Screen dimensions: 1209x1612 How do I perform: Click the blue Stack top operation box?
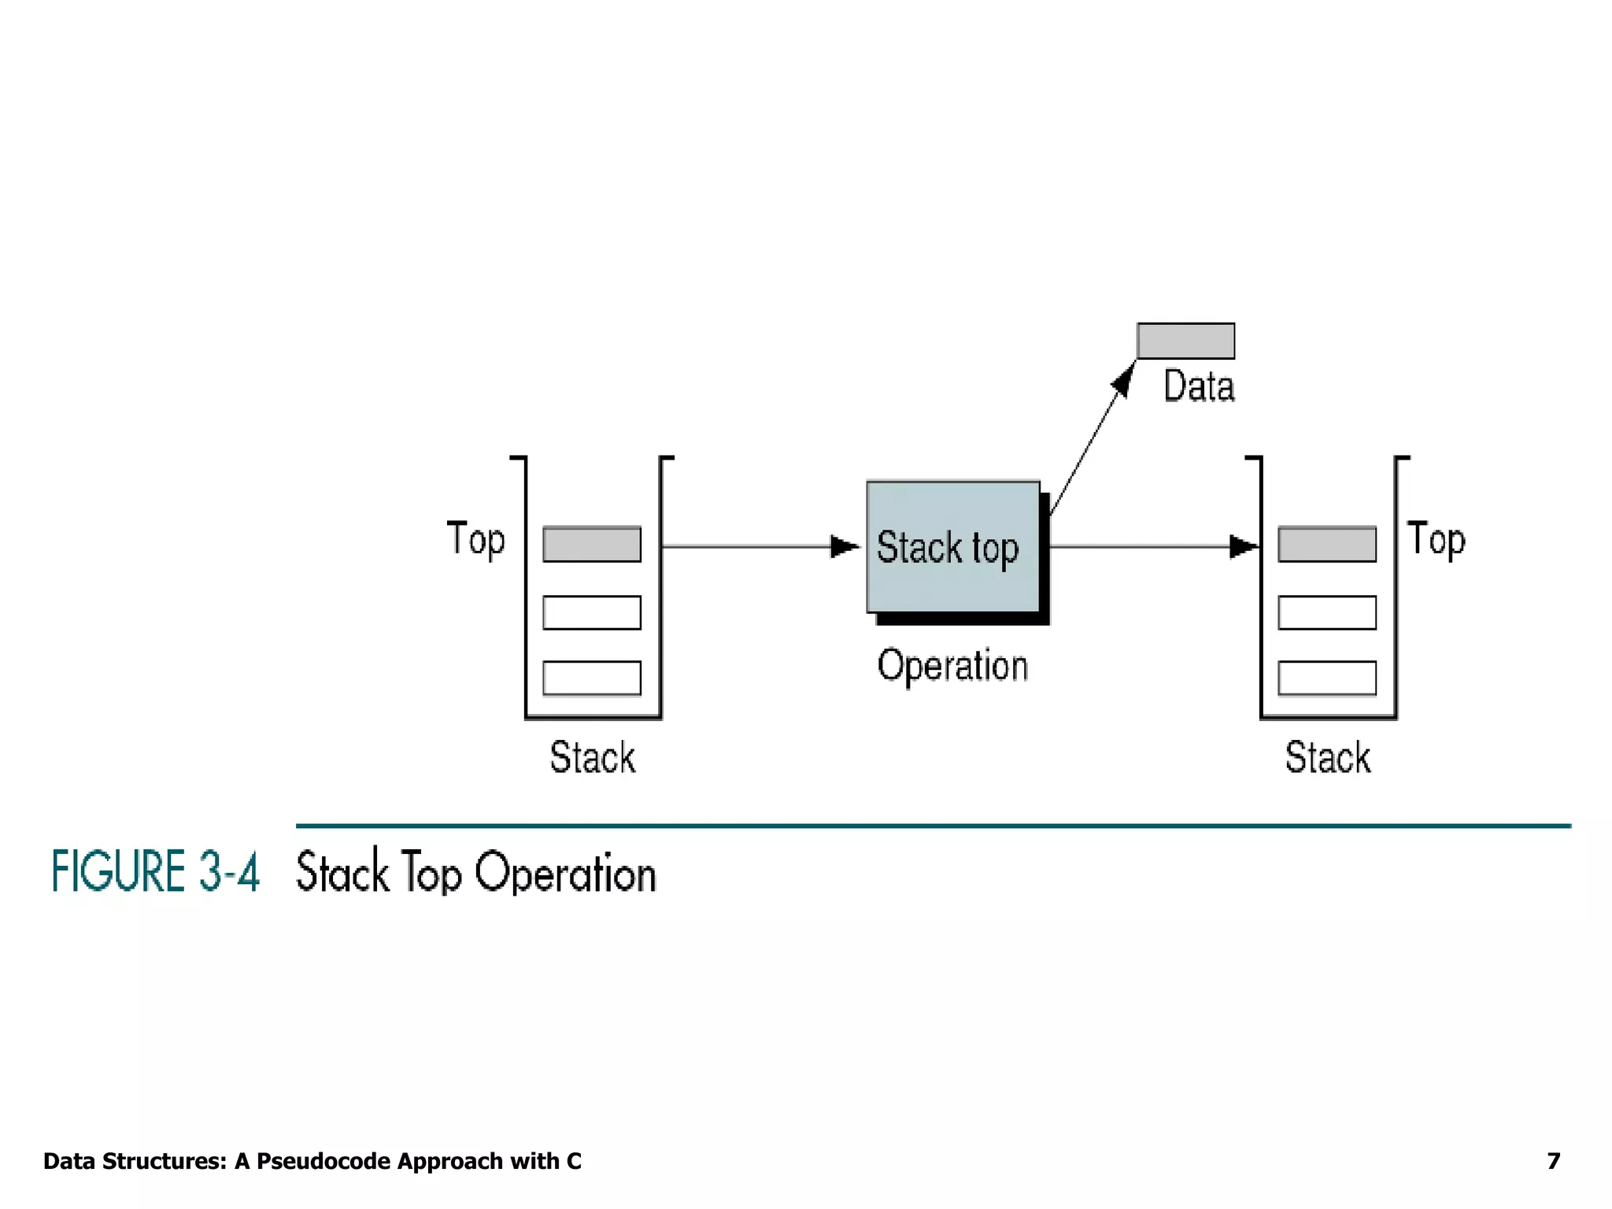[x=952, y=547]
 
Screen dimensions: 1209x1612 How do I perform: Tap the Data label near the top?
[x=1199, y=386]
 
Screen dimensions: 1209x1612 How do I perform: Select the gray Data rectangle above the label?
[x=1185, y=341]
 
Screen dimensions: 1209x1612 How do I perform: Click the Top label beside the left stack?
[x=475, y=540]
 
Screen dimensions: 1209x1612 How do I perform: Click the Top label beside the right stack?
[x=1436, y=540]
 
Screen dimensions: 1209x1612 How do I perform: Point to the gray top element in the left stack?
[x=592, y=544]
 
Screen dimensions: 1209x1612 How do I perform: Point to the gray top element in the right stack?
[x=1327, y=544]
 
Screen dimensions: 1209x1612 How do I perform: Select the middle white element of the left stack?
[x=592, y=612]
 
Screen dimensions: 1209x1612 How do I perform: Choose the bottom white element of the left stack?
[x=592, y=678]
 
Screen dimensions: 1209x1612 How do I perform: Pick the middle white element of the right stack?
[x=1327, y=612]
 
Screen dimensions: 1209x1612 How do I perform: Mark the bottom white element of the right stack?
[x=1327, y=678]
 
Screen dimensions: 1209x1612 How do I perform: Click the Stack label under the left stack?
[x=592, y=757]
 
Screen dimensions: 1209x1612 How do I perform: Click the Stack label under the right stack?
[x=1328, y=757]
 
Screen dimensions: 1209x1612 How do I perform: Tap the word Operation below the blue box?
[x=952, y=666]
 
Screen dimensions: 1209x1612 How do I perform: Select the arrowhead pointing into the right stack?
[x=1244, y=546]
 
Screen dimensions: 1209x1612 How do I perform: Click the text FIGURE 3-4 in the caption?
[x=155, y=871]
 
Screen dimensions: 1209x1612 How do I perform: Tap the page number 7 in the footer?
[x=1553, y=1161]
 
